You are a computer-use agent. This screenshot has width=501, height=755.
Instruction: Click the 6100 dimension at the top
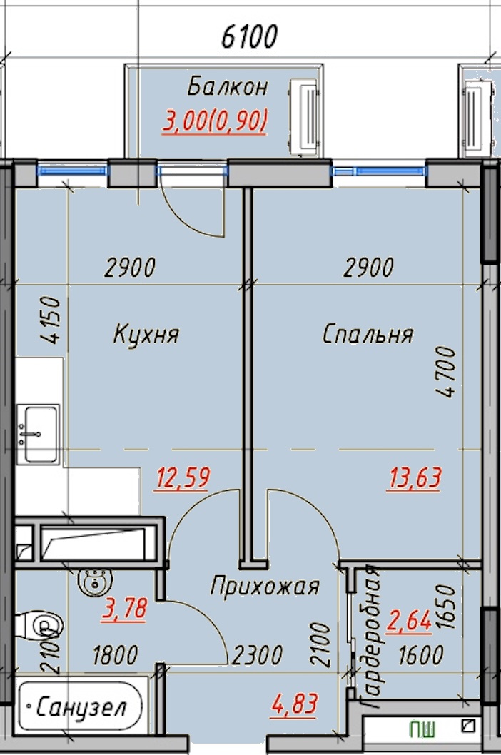click(250, 36)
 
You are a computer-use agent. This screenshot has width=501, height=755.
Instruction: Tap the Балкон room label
click(228, 86)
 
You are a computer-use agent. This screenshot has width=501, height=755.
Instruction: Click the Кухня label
click(146, 334)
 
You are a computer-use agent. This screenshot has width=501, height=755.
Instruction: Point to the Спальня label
click(368, 334)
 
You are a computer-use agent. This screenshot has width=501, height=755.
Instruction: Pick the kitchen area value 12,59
click(182, 478)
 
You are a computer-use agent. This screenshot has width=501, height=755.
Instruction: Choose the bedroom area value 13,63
click(414, 479)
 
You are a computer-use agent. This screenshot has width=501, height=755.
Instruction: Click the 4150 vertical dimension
click(51, 320)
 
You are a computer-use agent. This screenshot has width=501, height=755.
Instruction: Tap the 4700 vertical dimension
click(445, 371)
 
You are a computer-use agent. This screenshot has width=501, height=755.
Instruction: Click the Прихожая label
click(265, 587)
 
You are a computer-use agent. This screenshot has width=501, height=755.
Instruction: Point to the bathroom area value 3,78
click(124, 609)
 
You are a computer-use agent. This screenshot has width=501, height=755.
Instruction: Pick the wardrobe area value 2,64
click(409, 620)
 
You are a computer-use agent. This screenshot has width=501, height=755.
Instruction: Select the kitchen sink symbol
click(38, 434)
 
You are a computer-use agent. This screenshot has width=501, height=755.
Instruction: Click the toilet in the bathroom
click(38, 625)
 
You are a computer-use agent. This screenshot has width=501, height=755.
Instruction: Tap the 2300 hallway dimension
click(257, 655)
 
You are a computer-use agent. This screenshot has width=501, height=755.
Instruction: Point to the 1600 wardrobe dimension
click(420, 655)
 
